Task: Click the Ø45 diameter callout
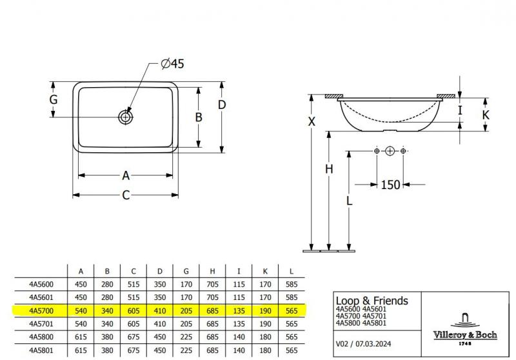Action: click(x=172, y=63)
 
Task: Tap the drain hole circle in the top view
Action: click(x=125, y=117)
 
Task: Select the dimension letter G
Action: click(x=54, y=100)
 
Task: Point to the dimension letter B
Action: click(x=199, y=117)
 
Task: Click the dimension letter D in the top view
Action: click(x=221, y=105)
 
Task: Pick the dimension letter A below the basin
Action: click(x=126, y=175)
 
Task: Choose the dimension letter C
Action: click(x=126, y=195)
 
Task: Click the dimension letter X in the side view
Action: click(x=312, y=122)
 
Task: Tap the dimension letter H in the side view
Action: click(x=329, y=169)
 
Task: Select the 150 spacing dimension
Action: click(x=390, y=185)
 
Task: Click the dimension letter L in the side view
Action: click(x=349, y=201)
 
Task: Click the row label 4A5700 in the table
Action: click(x=41, y=310)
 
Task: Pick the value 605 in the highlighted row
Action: click(x=134, y=310)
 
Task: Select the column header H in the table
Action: click(x=212, y=271)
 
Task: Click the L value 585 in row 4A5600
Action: click(x=292, y=284)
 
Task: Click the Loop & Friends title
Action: click(x=372, y=301)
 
